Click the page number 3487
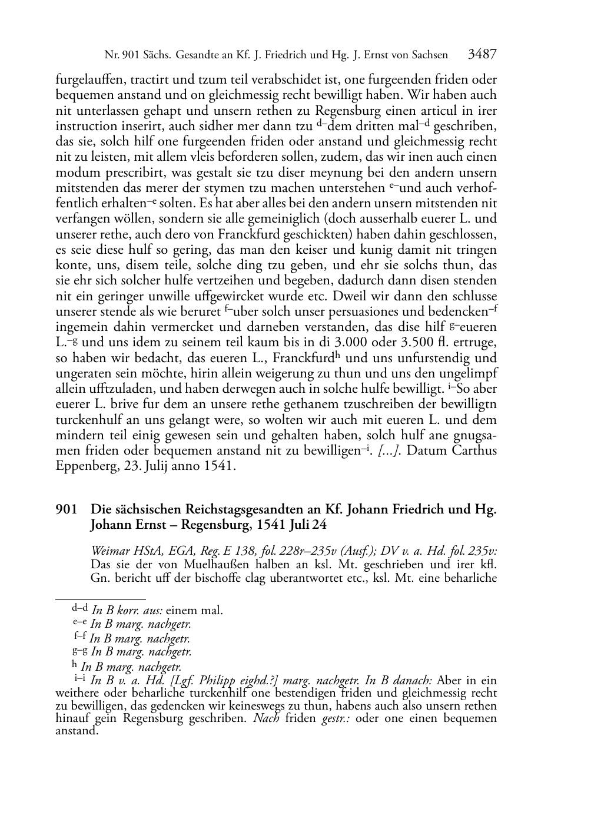(482, 55)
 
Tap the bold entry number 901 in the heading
(66, 509)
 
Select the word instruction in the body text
(87, 126)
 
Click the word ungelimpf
(466, 373)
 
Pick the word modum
(75, 173)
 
